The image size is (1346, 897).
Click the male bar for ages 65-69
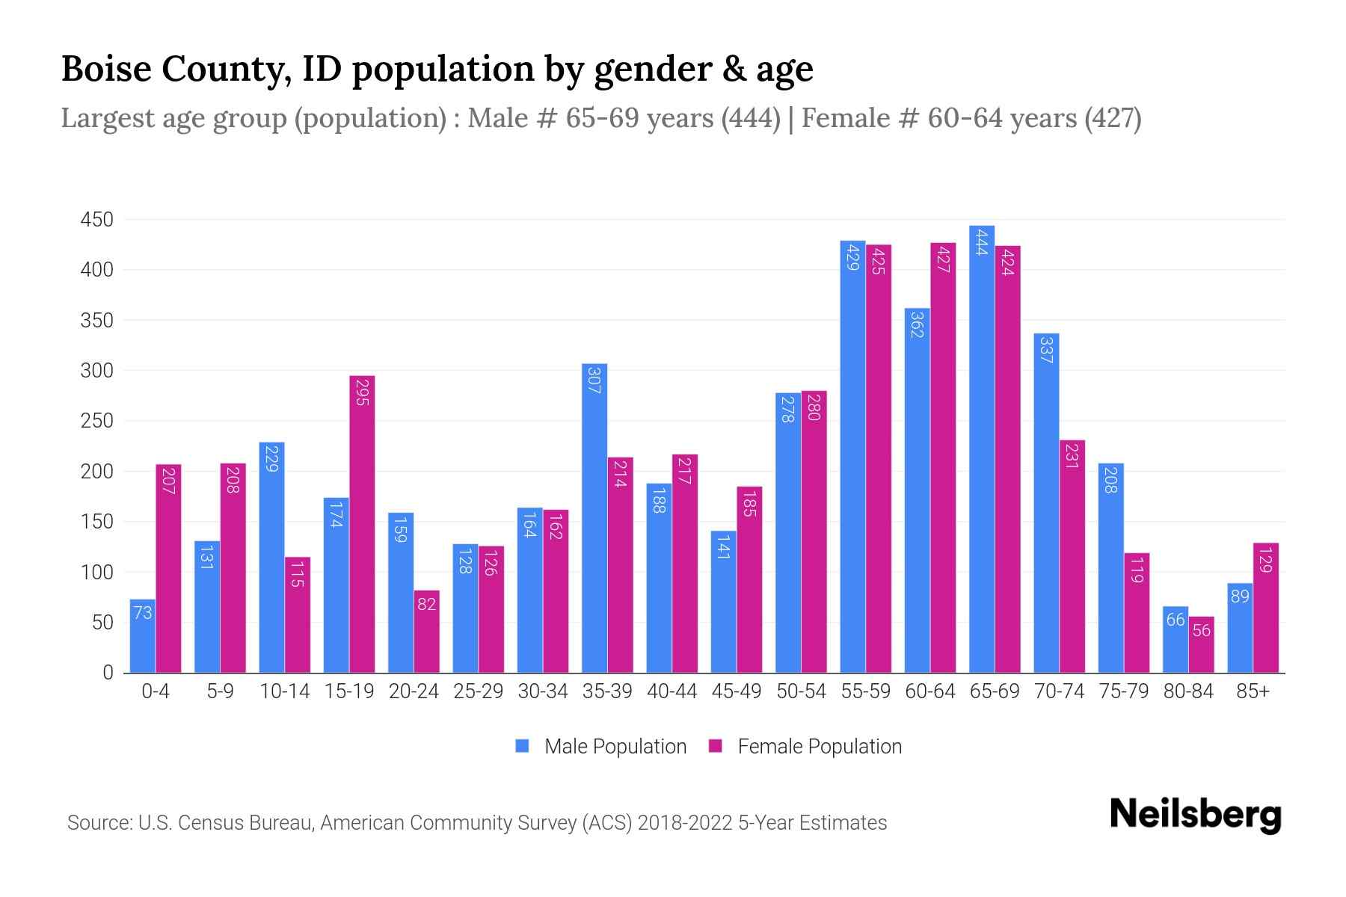(x=981, y=449)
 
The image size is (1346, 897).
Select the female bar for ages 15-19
(x=362, y=523)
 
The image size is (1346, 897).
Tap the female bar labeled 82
(x=426, y=632)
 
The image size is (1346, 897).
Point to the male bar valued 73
(x=142, y=635)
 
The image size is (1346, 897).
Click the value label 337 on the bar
(x=1045, y=350)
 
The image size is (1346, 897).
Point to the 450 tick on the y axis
(x=96, y=220)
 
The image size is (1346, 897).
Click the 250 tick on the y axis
(x=96, y=421)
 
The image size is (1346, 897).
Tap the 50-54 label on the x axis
(x=801, y=691)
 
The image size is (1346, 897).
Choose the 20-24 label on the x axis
(x=414, y=691)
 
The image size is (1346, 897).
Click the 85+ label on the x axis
(x=1253, y=691)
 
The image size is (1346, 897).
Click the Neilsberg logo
(x=1195, y=815)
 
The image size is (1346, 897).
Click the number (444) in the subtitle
(x=751, y=118)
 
